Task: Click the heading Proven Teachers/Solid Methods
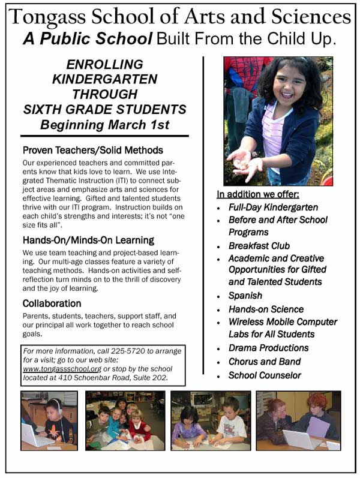[92, 150]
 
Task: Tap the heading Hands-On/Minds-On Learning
[88, 240]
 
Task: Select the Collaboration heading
[52, 303]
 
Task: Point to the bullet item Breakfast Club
[259, 246]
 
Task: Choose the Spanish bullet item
[245, 296]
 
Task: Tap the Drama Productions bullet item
[268, 348]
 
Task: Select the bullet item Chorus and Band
[264, 362]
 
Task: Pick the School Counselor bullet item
[265, 375]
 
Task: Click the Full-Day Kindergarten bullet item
[273, 208]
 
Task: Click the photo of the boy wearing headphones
[49, 420]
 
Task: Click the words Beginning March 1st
[104, 125]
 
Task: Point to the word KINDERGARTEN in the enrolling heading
[104, 79]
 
